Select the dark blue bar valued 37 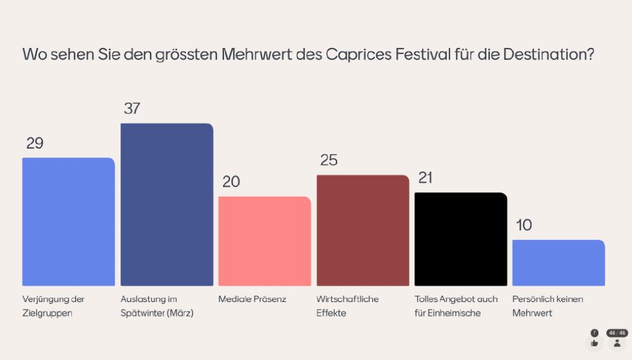coord(167,204)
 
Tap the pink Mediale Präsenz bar coord(265,241)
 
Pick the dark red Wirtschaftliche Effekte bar coord(363,230)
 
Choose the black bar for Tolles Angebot coord(461,239)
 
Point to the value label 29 coord(35,143)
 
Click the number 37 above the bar coord(132,109)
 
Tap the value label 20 coord(231,182)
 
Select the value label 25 coord(329,160)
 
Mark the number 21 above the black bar coord(425,178)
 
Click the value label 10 coord(524,225)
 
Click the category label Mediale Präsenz coord(252,299)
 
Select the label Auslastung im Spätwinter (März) coord(157,306)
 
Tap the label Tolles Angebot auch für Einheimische coord(456,306)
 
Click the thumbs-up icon coord(594,344)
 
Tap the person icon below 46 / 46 coord(617,344)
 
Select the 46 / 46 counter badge coord(617,333)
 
